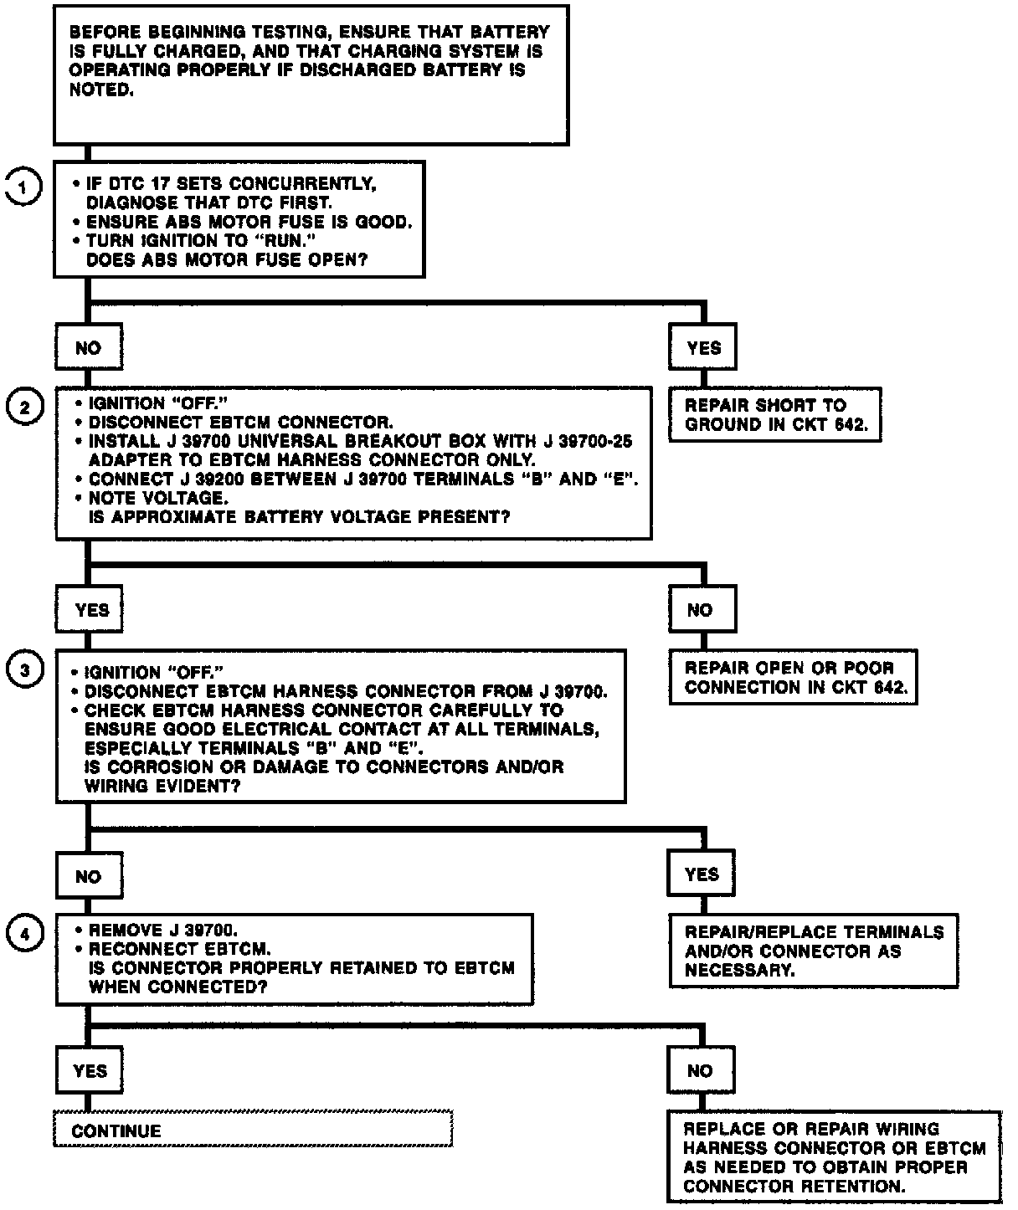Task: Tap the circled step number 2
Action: coord(24,408)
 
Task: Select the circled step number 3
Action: coord(24,669)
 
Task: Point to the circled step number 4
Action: coord(24,934)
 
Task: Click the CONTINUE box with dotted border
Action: coord(253,1130)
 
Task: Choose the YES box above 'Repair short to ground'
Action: coord(703,347)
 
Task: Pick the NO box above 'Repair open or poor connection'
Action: coord(702,609)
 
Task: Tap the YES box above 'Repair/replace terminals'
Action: coord(702,874)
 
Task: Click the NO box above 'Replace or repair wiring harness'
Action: coord(701,1070)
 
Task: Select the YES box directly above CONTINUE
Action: coord(90,1070)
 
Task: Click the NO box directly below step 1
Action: coord(88,347)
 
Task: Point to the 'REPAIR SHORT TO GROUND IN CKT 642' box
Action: coord(775,414)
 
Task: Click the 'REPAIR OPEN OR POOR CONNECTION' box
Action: coord(793,677)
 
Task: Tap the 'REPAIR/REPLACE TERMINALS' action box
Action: coord(814,951)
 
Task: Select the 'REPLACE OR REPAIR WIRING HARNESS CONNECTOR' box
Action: coord(834,1157)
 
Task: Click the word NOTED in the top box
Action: coord(100,90)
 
